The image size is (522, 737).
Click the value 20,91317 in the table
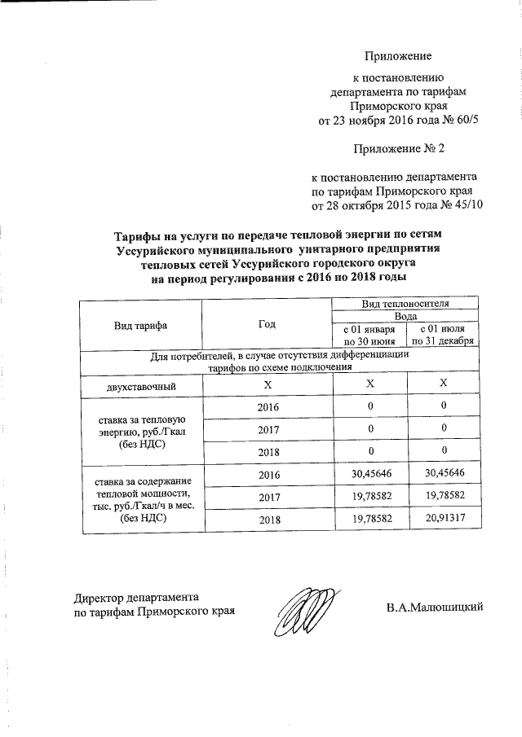click(x=443, y=517)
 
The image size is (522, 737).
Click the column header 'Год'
click(x=267, y=324)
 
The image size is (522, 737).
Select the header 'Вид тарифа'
click(x=140, y=324)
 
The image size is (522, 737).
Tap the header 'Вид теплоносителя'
click(x=406, y=303)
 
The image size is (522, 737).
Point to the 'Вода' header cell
click(x=406, y=315)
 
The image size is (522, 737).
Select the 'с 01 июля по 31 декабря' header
click(x=443, y=335)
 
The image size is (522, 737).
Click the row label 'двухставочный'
click(x=140, y=384)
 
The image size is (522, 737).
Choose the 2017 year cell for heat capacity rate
click(x=267, y=495)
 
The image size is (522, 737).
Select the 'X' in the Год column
click(x=267, y=384)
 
